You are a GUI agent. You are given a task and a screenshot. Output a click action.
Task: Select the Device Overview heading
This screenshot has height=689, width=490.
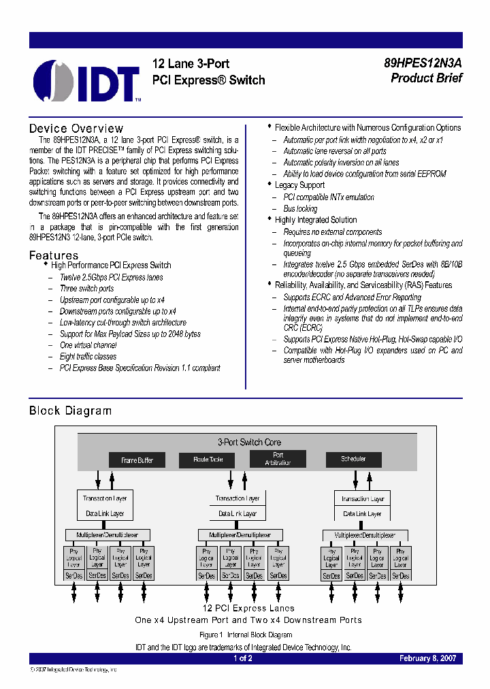(76, 129)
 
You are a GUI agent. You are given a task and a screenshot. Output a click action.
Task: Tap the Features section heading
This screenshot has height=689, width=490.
(54, 255)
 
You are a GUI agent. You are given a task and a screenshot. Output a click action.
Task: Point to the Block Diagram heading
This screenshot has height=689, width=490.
(70, 411)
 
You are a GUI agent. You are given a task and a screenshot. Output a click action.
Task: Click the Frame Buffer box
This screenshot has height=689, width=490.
(137, 460)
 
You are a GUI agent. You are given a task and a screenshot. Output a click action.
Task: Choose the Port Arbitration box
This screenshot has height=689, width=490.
(278, 459)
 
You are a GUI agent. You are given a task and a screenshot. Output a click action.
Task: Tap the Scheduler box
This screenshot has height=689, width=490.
(353, 459)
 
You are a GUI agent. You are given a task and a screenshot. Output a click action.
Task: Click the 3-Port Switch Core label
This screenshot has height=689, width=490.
(248, 442)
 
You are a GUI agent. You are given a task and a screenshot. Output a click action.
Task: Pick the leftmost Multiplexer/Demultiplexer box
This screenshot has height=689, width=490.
(107, 535)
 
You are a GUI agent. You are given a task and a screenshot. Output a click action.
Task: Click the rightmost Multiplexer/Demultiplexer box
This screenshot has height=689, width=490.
(365, 535)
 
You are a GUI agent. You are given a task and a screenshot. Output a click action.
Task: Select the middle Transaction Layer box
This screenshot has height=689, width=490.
(238, 498)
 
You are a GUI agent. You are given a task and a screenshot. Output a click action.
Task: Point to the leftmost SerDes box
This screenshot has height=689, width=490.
(74, 575)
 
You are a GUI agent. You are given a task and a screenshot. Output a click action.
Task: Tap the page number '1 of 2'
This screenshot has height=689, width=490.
(243, 658)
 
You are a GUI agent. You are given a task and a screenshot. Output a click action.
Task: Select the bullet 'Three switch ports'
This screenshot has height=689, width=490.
(87, 289)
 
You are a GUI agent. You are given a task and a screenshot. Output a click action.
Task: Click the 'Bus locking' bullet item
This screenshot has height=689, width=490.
(300, 208)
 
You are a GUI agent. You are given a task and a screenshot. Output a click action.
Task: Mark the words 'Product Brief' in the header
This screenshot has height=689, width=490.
(426, 78)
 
